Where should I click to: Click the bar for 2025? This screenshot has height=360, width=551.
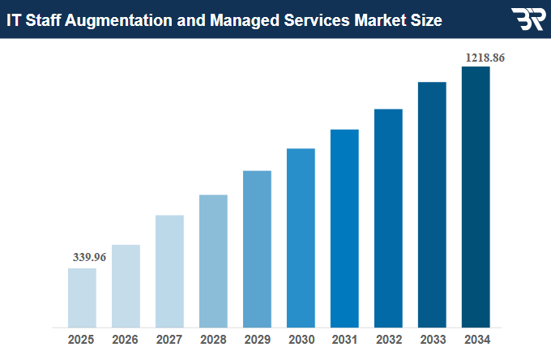[x=82, y=298]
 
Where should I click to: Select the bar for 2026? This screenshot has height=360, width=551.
[x=126, y=285]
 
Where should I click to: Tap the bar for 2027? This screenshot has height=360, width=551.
[x=169, y=271]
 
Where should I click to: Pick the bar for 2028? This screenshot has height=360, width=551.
[x=213, y=261]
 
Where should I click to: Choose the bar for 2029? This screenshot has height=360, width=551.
[x=257, y=249]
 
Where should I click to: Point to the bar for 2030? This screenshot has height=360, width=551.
[x=301, y=238]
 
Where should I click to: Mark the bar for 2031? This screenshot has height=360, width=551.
[x=344, y=228]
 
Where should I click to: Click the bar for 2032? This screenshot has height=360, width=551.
[x=388, y=218]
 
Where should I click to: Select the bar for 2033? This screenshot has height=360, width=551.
[x=432, y=204]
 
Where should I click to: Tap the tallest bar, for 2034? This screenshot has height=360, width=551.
[x=476, y=197]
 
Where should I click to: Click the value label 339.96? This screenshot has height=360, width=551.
[x=89, y=257]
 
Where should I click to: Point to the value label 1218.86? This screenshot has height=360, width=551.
[x=485, y=58]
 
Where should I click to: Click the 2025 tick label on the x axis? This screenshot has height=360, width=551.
[x=82, y=340]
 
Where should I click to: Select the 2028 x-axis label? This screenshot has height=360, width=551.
[x=213, y=340]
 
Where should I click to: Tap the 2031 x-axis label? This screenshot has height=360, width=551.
[x=344, y=340]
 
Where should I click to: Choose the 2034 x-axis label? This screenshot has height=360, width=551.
[x=476, y=340]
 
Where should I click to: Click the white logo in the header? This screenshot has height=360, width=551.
[x=528, y=19]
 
